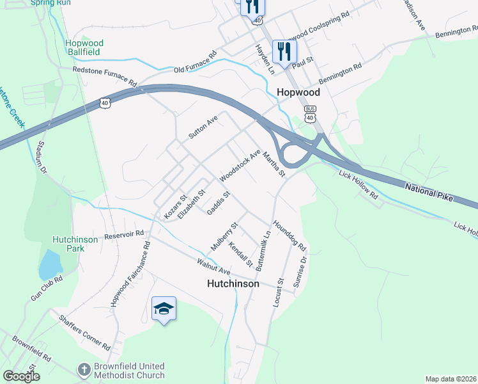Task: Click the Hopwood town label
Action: tap(298, 92)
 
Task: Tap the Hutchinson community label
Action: tap(233, 283)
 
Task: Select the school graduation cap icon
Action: tap(164, 309)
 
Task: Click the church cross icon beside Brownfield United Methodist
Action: tap(84, 369)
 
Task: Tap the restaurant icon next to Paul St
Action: tap(284, 51)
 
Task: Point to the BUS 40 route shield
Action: tap(311, 114)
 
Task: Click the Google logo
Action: tap(21, 376)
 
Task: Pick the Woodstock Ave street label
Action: tap(240, 165)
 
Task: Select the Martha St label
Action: tap(273, 160)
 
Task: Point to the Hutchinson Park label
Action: tap(75, 243)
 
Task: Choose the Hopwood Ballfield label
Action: tap(84, 48)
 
